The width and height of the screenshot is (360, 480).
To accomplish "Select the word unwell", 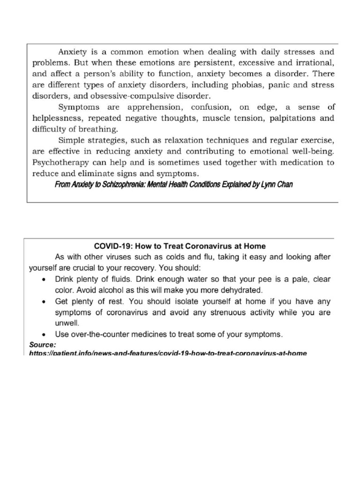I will point(67,323).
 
